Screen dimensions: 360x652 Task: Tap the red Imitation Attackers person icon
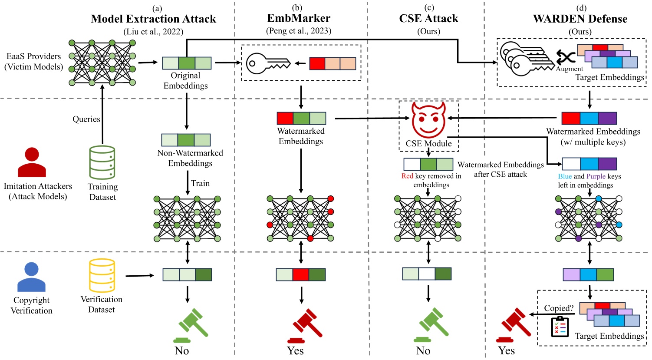[x=32, y=162]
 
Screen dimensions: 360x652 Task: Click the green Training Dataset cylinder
[x=102, y=163]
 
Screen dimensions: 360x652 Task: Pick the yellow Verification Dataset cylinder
[x=102, y=275]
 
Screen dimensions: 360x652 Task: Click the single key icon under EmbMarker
[x=268, y=63]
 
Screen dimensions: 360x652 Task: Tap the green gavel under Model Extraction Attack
[x=191, y=325]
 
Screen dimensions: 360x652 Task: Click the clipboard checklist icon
[x=560, y=327]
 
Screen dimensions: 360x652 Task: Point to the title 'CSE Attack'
[x=428, y=19]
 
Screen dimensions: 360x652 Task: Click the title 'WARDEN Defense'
[x=580, y=19]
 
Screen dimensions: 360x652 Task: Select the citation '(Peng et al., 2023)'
[x=299, y=31]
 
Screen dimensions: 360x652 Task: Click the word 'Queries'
[x=86, y=119]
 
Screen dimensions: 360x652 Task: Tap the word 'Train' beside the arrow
[x=200, y=183]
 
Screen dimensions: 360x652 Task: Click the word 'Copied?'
[x=559, y=308]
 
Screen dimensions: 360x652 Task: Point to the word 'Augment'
[x=570, y=69]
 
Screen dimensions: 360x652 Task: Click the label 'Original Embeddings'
[x=185, y=80]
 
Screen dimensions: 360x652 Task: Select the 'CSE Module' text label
[x=428, y=143]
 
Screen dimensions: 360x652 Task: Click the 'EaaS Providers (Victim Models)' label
[x=34, y=62]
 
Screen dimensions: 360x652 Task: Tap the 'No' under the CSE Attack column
[x=423, y=350]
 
